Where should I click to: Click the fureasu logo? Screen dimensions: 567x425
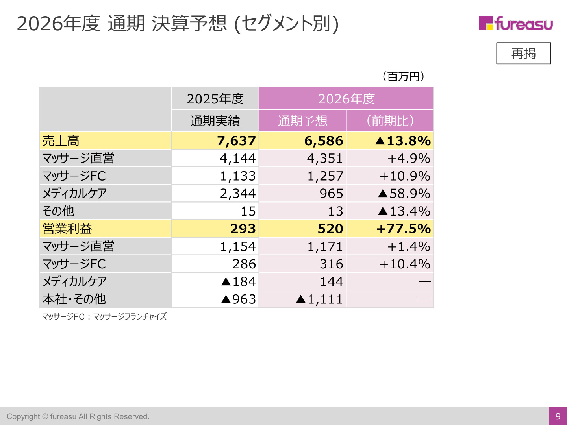(515, 23)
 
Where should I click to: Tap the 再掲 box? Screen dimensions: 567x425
(523, 54)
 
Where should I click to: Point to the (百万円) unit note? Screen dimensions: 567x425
(403, 77)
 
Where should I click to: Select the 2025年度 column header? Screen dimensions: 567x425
(215, 99)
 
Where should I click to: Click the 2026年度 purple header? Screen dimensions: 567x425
(346, 99)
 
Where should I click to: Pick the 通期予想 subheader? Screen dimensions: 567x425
(302, 121)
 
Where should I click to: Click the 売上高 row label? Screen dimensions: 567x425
(61, 141)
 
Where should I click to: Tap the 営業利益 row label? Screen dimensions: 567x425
(67, 229)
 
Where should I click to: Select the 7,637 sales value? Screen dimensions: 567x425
(236, 141)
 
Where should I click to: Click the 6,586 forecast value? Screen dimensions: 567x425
(324, 141)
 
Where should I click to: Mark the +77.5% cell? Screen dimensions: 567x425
(404, 229)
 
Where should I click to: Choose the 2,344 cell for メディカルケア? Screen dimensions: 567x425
(238, 194)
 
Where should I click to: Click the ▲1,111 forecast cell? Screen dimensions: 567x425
(320, 299)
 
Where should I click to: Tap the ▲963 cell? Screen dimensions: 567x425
(239, 299)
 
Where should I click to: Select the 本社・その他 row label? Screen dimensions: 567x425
(74, 299)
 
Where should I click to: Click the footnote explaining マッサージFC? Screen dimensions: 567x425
(104, 316)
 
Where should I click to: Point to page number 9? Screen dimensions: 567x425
(558, 416)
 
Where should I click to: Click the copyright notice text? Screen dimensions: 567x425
(78, 416)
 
